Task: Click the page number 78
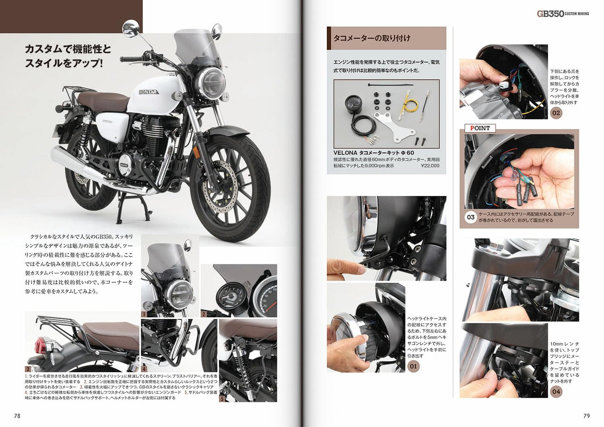(x=17, y=416)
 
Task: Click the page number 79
(x=586, y=416)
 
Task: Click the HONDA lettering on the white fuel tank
(x=148, y=92)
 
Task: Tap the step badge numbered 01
(x=413, y=366)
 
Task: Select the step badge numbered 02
(x=556, y=113)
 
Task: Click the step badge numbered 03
(x=471, y=217)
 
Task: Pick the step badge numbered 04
(x=556, y=391)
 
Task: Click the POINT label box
(x=480, y=128)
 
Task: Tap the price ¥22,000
(x=430, y=166)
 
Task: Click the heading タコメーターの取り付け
(x=372, y=38)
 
